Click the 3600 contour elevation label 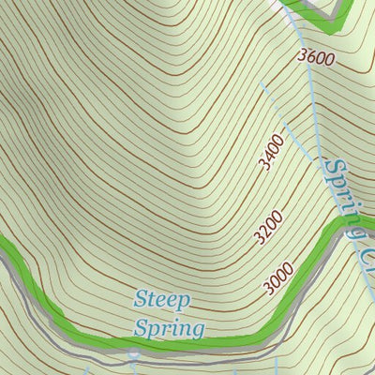pos(316,57)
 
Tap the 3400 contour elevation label pos(271,153)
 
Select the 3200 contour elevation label pos(267,227)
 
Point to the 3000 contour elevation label pos(278,278)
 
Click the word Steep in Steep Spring pos(162,300)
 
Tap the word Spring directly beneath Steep pos(169,328)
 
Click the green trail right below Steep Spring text pos(169,343)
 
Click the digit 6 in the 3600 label pos(310,57)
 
